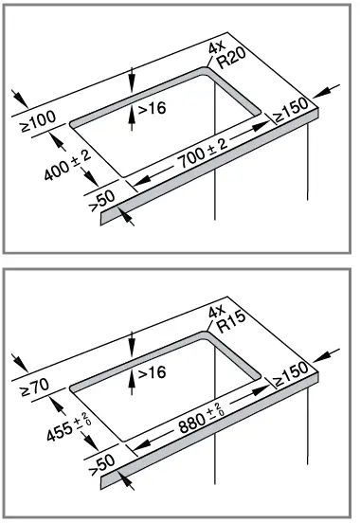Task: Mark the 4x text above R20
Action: click(217, 46)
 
